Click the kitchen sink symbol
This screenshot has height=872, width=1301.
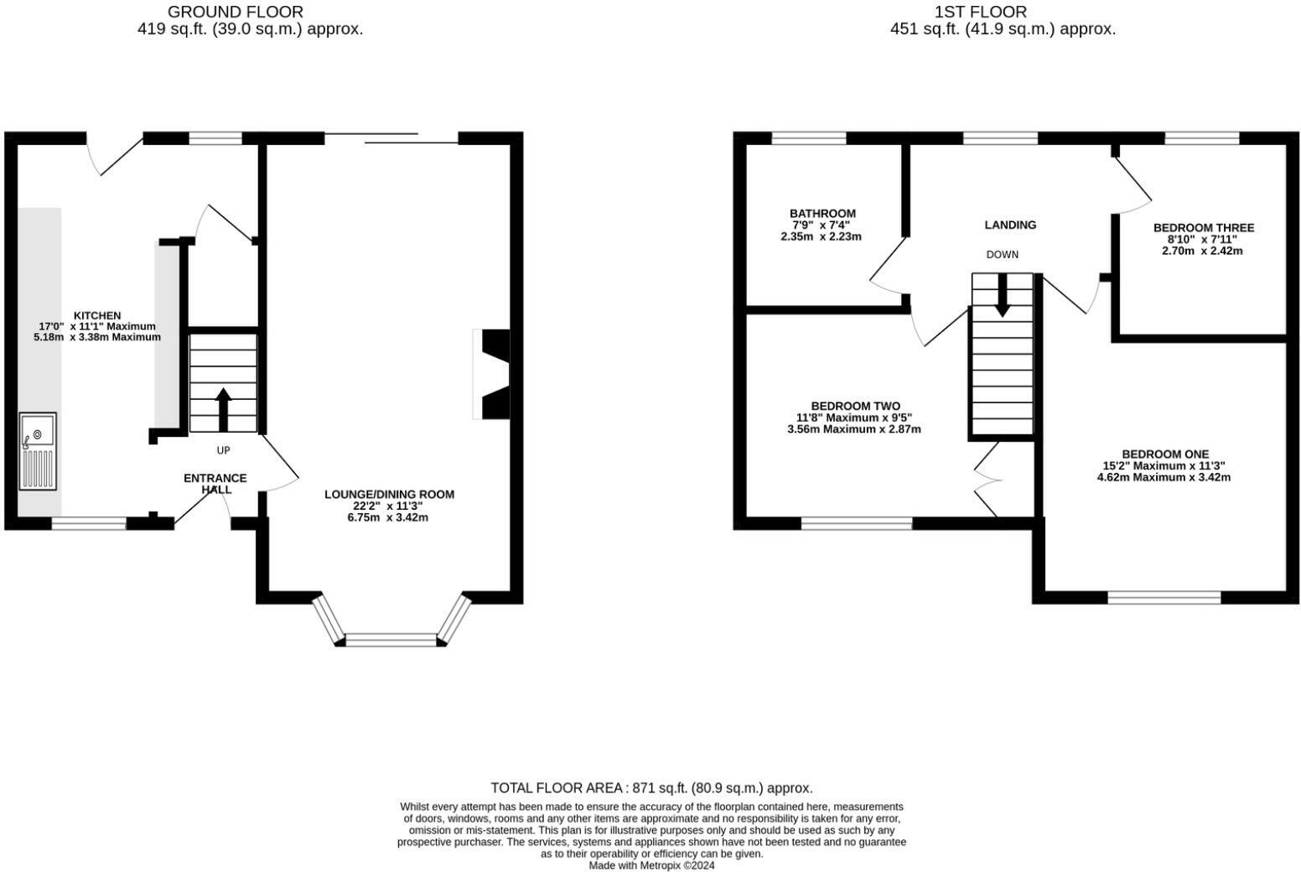click(x=38, y=450)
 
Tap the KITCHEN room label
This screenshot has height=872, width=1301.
click(x=97, y=316)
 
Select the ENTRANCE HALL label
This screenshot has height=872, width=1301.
click(x=215, y=484)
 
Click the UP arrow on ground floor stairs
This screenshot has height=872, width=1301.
click(x=223, y=408)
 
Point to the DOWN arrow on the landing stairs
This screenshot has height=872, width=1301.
click(x=1002, y=296)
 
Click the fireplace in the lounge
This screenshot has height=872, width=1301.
click(x=493, y=374)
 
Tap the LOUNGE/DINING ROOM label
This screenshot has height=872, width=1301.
click(x=389, y=495)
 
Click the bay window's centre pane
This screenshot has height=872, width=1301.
click(x=391, y=641)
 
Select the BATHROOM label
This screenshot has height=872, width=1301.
click(x=822, y=214)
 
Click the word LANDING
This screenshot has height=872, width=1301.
click(x=1010, y=225)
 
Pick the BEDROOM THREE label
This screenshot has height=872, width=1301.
click(x=1203, y=228)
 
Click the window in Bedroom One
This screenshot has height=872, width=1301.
click(x=1164, y=597)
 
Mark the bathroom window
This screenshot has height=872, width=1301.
click(x=808, y=138)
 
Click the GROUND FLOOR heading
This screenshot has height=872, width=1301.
click(x=236, y=12)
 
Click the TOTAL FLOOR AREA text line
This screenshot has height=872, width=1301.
click(x=651, y=788)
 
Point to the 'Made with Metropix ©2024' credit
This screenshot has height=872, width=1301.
click(x=651, y=865)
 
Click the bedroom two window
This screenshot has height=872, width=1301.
click(x=856, y=523)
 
